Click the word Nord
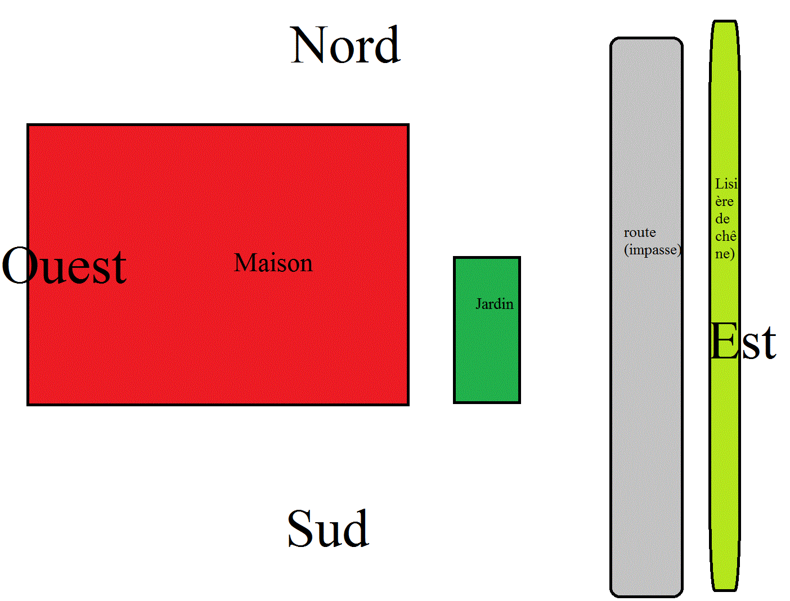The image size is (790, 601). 345,45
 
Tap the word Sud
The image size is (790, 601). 328,528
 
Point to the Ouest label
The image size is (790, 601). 64,266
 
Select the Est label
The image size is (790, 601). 743,342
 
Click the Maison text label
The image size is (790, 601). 273,263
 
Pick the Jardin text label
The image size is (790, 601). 495,304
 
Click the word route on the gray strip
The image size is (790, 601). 640,232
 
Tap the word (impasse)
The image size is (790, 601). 653,249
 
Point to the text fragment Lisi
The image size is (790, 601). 726,183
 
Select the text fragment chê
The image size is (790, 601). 725,236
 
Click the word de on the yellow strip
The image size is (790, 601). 722,219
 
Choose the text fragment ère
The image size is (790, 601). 724,201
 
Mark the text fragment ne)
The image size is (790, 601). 725,254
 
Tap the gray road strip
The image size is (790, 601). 647,422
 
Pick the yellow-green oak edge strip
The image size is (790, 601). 724,450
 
